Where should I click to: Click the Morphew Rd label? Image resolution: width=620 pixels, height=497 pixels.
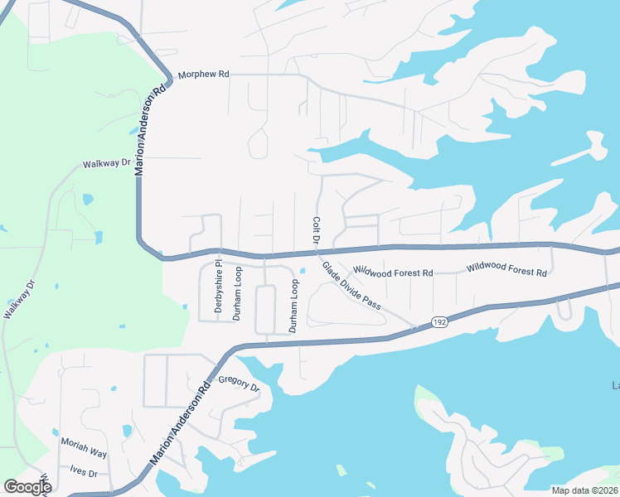(203, 74)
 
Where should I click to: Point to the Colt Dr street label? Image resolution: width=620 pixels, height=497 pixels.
(316, 230)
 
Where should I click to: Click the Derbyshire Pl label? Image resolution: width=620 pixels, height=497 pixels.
(219, 288)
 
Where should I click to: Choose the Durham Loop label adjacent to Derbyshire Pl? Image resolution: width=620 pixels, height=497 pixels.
(237, 293)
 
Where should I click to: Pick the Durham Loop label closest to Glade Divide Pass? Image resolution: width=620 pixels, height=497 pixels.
(293, 306)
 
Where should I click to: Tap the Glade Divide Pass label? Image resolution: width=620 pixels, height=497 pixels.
(351, 287)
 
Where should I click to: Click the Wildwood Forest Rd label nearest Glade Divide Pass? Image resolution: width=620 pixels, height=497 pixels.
(393, 272)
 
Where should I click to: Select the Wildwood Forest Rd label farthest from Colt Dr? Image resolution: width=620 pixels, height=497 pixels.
(506, 270)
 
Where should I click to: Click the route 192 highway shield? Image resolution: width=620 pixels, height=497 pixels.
(439, 322)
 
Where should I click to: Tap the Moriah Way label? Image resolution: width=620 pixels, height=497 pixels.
(84, 451)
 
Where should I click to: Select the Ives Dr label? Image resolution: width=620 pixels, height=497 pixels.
(84, 473)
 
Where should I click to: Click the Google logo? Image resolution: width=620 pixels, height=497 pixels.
(27, 487)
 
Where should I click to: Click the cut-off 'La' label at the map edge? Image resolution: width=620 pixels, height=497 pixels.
(615, 384)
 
